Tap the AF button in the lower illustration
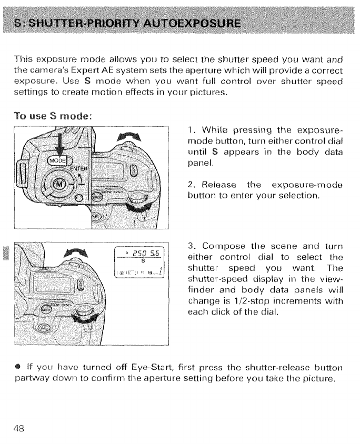(x=41, y=329)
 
